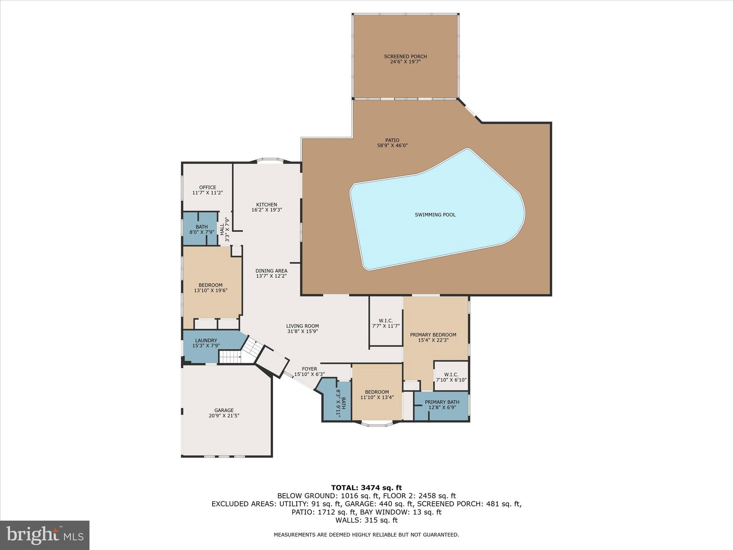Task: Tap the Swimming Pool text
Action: [x=435, y=215]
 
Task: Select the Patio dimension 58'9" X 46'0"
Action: [x=392, y=145]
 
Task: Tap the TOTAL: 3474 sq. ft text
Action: [x=366, y=488]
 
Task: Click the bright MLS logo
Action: [x=45, y=535]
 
